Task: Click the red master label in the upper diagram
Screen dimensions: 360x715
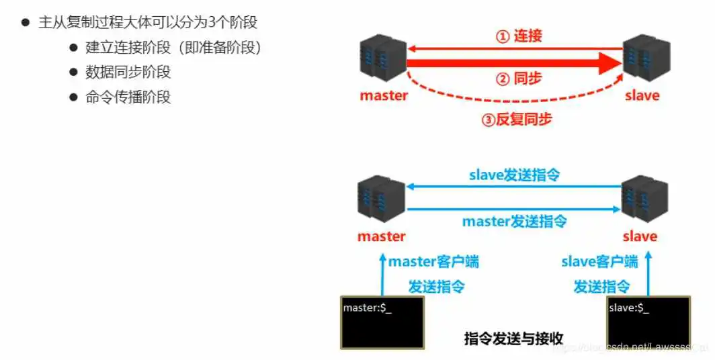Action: (384, 95)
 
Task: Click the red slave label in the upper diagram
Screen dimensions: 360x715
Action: (642, 95)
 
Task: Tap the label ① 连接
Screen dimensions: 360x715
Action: (519, 36)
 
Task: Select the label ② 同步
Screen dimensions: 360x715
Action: (519, 79)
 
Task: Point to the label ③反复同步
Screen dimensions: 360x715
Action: (517, 120)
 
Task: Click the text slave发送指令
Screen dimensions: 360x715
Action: (515, 175)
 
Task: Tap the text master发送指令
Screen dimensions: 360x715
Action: (515, 220)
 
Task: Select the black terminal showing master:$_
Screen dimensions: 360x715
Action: (382, 322)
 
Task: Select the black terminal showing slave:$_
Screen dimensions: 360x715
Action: (648, 322)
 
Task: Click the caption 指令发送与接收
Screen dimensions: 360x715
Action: (513, 338)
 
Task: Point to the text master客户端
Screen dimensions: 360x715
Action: (433, 261)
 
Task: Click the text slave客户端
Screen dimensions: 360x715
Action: (599, 261)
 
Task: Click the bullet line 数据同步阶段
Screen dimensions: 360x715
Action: (128, 72)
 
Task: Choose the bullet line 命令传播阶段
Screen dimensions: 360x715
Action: (128, 97)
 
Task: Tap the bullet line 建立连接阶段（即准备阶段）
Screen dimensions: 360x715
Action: (173, 48)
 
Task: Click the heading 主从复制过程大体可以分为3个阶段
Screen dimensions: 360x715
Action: (148, 22)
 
